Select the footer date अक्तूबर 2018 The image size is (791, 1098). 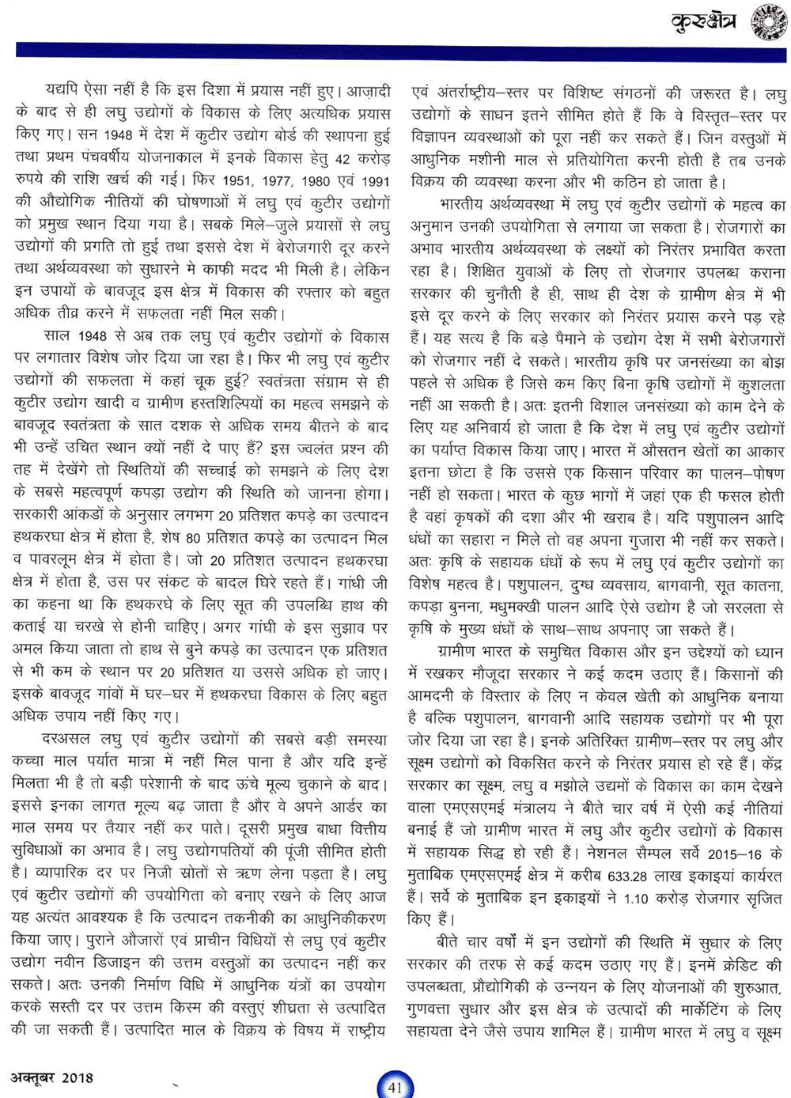52,1077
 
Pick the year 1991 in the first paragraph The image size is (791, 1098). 373,181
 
